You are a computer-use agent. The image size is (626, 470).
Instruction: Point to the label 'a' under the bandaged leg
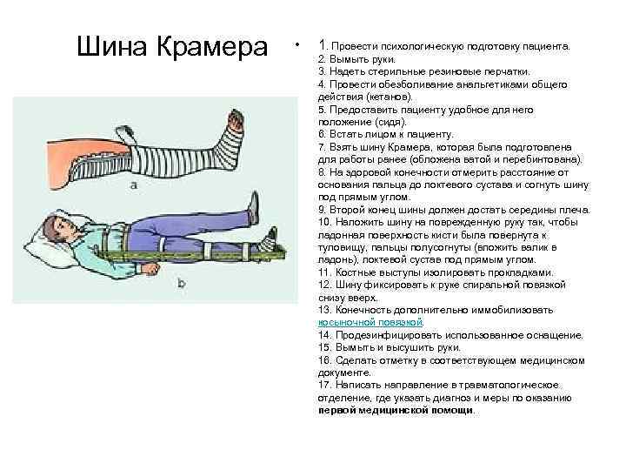coord(133,185)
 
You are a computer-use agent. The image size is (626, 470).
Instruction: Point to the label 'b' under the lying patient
coord(181,282)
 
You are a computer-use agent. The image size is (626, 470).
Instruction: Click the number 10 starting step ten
coord(324,223)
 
